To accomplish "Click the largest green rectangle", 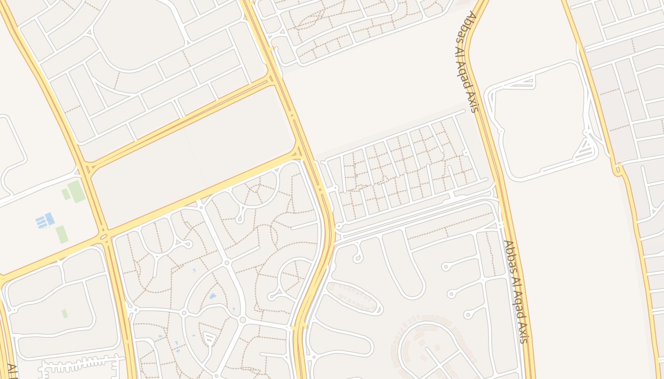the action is (x=76, y=191).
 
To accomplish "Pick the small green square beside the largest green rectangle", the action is (x=65, y=194).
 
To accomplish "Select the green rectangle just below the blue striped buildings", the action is (x=62, y=235).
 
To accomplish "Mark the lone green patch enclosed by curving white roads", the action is (x=65, y=313).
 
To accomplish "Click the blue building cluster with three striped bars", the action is (x=45, y=220).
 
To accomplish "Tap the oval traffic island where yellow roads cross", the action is (x=104, y=236).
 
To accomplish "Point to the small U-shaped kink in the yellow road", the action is (x=618, y=169).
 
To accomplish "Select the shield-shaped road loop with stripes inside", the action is (x=209, y=337).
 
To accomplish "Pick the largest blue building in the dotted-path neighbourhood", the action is (x=212, y=296).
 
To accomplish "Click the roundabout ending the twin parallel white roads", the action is (x=339, y=226).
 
